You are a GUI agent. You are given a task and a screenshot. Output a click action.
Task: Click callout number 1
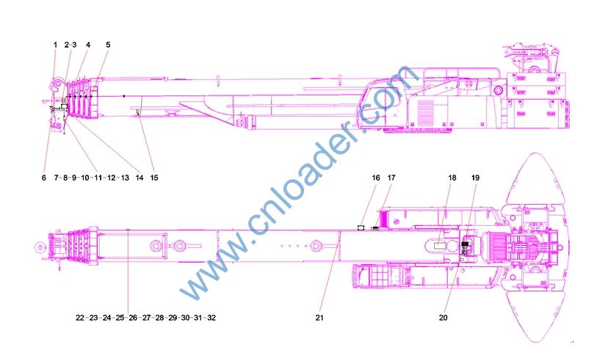(55, 45)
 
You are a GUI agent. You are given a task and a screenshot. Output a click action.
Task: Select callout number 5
(108, 45)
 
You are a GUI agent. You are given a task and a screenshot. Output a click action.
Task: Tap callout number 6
(44, 178)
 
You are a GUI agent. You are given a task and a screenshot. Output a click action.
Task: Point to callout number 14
(140, 178)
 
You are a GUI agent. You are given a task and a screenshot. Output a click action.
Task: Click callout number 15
(154, 178)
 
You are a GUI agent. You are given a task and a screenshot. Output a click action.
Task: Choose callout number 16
(375, 178)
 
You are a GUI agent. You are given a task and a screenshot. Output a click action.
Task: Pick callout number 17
(391, 178)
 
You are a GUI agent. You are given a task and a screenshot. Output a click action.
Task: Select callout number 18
(452, 178)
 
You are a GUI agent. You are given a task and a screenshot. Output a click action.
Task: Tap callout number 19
(475, 178)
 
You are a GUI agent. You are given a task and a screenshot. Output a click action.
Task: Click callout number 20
(443, 318)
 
